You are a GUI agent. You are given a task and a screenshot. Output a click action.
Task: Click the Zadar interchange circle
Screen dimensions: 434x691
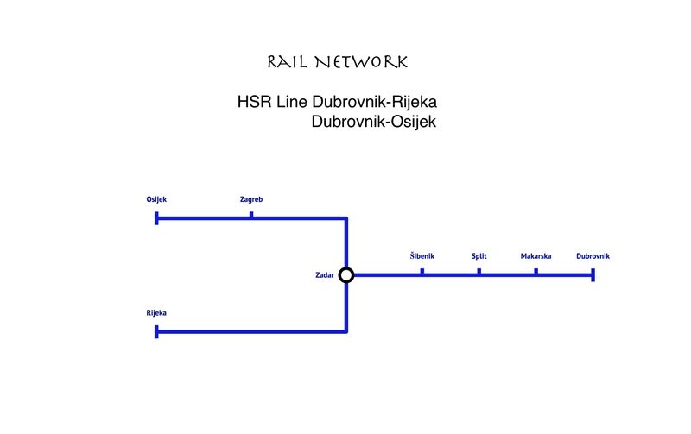click(x=346, y=275)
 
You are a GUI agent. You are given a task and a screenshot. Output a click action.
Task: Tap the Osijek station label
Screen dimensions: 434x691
click(x=156, y=200)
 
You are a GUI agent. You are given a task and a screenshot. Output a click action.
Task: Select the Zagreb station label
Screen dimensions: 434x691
click(x=251, y=200)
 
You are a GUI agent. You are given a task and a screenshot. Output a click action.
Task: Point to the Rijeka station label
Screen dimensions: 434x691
click(x=156, y=313)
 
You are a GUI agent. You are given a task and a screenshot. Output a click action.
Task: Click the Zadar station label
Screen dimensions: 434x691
click(x=325, y=276)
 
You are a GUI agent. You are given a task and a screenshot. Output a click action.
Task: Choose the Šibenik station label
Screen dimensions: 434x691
click(x=422, y=256)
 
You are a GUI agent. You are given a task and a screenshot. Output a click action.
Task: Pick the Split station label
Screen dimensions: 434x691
click(x=479, y=256)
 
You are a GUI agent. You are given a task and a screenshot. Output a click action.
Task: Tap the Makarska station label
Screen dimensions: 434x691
click(x=536, y=256)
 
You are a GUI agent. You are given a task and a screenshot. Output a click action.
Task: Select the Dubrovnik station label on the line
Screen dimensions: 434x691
click(x=593, y=256)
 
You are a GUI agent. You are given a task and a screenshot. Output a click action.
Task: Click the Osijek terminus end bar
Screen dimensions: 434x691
click(x=156, y=218)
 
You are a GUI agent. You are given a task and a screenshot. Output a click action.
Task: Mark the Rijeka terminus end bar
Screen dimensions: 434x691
click(x=156, y=331)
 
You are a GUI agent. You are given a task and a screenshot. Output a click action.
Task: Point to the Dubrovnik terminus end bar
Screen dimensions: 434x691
click(x=593, y=275)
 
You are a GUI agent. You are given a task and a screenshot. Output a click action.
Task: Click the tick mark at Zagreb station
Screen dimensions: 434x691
click(x=251, y=214)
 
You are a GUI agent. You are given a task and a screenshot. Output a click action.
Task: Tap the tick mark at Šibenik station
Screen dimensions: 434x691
click(x=422, y=271)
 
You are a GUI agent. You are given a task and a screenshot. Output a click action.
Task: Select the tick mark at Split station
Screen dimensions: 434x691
click(x=479, y=271)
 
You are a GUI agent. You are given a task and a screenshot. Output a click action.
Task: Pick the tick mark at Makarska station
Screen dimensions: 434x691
click(x=536, y=271)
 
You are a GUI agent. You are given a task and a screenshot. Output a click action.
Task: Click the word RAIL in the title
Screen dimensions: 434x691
click(x=288, y=63)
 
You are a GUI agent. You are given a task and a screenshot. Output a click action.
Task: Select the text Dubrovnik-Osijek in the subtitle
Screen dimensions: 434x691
click(x=374, y=123)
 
